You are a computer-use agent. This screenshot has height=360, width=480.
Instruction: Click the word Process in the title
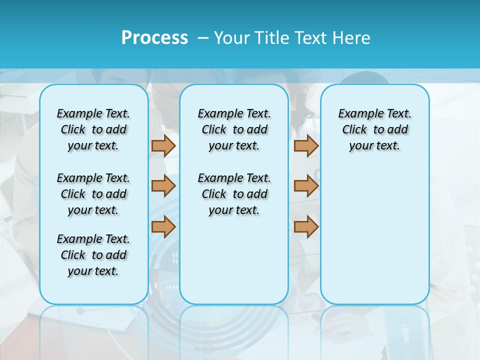pos(154,38)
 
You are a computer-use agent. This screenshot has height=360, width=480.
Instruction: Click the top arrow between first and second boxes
pos(163,145)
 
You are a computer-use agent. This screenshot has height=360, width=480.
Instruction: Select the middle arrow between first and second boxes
pos(163,186)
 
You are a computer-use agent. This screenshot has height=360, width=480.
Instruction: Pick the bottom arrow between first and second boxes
pos(163,227)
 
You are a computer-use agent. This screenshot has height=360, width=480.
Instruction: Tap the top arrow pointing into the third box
pos(306,145)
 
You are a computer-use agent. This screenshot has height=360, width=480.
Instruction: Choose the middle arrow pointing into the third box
pos(306,186)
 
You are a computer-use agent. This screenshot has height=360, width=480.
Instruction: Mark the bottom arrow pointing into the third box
pos(306,227)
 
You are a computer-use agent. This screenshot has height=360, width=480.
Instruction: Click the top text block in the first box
pos(93,129)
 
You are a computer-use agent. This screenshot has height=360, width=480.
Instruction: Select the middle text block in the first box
pos(93,194)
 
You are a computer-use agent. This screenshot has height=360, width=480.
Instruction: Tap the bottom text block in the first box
pos(93,255)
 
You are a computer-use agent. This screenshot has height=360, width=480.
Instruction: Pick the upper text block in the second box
pos(234,129)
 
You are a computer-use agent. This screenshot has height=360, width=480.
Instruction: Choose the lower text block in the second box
pos(234,194)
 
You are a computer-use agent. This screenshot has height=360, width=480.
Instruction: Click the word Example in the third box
pos(357,114)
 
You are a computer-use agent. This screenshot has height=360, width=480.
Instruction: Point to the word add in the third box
pos(397,130)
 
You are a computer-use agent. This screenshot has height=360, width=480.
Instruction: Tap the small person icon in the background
pos(405,333)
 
